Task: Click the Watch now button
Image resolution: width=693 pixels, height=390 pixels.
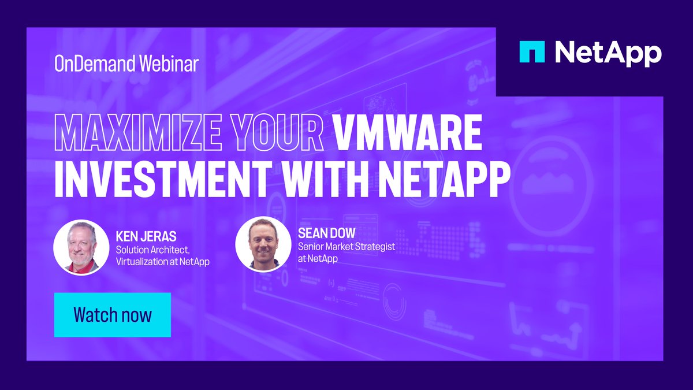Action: pyautogui.click(x=112, y=315)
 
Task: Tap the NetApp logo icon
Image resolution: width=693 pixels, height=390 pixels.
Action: pyautogui.click(x=531, y=52)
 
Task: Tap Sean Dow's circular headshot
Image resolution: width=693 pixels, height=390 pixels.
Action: pyautogui.click(x=263, y=243)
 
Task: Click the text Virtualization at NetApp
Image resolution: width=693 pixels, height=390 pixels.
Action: pyautogui.click(x=162, y=262)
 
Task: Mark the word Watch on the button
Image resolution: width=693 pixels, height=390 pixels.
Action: pyautogui.click(x=92, y=315)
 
